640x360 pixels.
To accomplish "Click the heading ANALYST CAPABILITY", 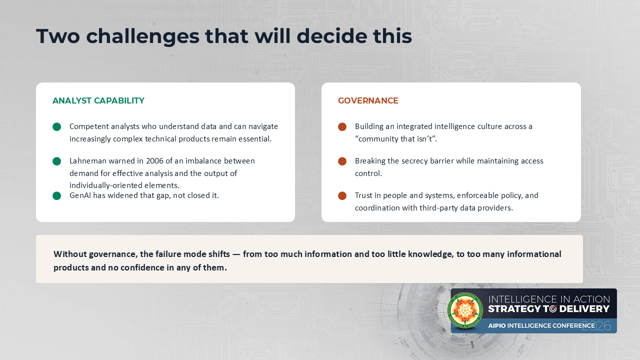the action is click(98, 100).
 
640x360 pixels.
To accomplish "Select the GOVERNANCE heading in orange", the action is click(368, 100).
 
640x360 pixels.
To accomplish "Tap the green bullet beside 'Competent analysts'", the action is click(57, 127).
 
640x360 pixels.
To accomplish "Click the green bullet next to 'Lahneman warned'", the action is click(57, 161).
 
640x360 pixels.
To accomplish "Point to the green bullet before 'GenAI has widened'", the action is click(57, 195).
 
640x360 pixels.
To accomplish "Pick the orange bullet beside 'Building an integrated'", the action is click(342, 127).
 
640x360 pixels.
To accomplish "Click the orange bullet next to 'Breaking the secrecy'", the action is click(342, 161).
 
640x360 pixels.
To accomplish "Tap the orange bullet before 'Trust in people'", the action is click(342, 195).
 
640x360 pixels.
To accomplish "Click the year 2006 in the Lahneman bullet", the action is click(154, 161).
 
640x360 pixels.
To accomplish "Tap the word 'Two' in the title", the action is click(58, 36).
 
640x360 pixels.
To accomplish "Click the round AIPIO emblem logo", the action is click(465, 310).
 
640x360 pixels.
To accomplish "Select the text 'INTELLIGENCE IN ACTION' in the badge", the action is click(549, 299).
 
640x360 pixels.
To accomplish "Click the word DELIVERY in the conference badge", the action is click(584, 309).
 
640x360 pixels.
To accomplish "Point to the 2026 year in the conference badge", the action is click(596, 326).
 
